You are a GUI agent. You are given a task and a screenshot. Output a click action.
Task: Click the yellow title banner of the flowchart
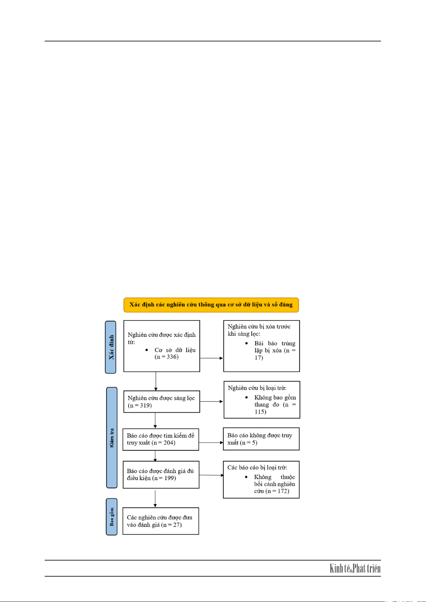click(x=211, y=305)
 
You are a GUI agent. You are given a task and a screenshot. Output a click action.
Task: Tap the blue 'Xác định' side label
click(x=110, y=347)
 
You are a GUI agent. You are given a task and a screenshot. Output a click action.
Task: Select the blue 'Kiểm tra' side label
click(x=112, y=438)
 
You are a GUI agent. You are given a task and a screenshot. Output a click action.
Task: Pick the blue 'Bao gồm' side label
click(x=112, y=517)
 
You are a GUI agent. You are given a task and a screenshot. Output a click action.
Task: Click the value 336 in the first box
click(x=172, y=357)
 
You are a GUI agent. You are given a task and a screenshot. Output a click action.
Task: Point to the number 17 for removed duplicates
click(x=258, y=357)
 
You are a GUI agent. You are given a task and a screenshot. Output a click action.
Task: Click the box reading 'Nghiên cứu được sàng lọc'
click(x=162, y=402)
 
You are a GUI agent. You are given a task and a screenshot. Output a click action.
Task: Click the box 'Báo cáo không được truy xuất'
click(x=261, y=439)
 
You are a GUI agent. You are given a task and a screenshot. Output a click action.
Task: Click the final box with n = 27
click(x=161, y=521)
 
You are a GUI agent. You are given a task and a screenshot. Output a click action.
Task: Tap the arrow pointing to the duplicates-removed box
click(x=212, y=358)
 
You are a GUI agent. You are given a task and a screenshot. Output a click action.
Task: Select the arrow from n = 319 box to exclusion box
click(x=212, y=402)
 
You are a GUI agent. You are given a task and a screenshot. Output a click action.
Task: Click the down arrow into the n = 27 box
click(x=155, y=499)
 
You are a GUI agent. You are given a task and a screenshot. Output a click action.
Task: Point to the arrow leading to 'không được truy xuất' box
click(x=211, y=442)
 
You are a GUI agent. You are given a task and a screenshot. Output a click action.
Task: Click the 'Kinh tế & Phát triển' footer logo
click(x=355, y=569)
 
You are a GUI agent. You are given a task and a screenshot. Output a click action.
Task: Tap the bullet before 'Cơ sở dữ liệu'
click(x=147, y=350)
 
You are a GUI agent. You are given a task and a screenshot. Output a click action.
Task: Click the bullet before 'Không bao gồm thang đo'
click(x=247, y=397)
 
